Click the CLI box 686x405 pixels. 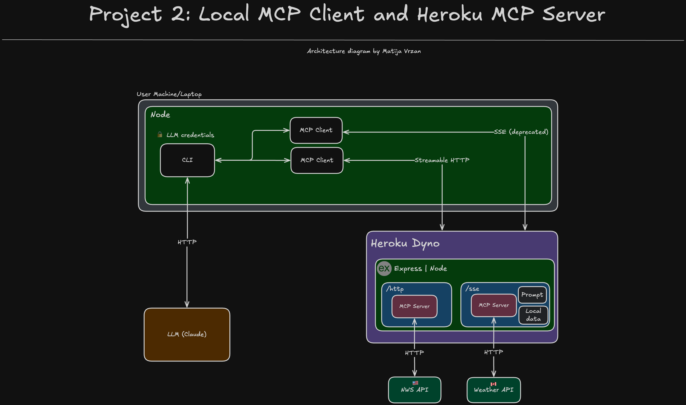click(187, 160)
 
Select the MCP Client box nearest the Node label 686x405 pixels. click(316, 130)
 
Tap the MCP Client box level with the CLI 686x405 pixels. click(317, 160)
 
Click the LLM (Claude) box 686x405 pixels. click(187, 334)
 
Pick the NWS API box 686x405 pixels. click(414, 390)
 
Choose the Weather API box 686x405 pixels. click(493, 390)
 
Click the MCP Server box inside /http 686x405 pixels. click(414, 306)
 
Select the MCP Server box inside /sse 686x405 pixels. click(494, 305)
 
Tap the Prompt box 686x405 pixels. click(532, 295)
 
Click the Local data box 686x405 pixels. click(533, 315)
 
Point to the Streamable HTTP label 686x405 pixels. click(442, 160)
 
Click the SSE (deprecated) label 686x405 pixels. click(521, 132)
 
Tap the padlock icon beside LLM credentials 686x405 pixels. click(160, 134)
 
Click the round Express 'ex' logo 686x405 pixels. click(384, 268)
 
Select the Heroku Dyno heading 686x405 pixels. click(405, 243)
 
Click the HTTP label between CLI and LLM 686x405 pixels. click(187, 242)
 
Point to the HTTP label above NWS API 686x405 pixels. click(414, 353)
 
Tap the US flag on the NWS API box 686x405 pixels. click(415, 383)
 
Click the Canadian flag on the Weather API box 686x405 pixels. click(493, 384)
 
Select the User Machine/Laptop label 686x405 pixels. click(169, 94)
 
